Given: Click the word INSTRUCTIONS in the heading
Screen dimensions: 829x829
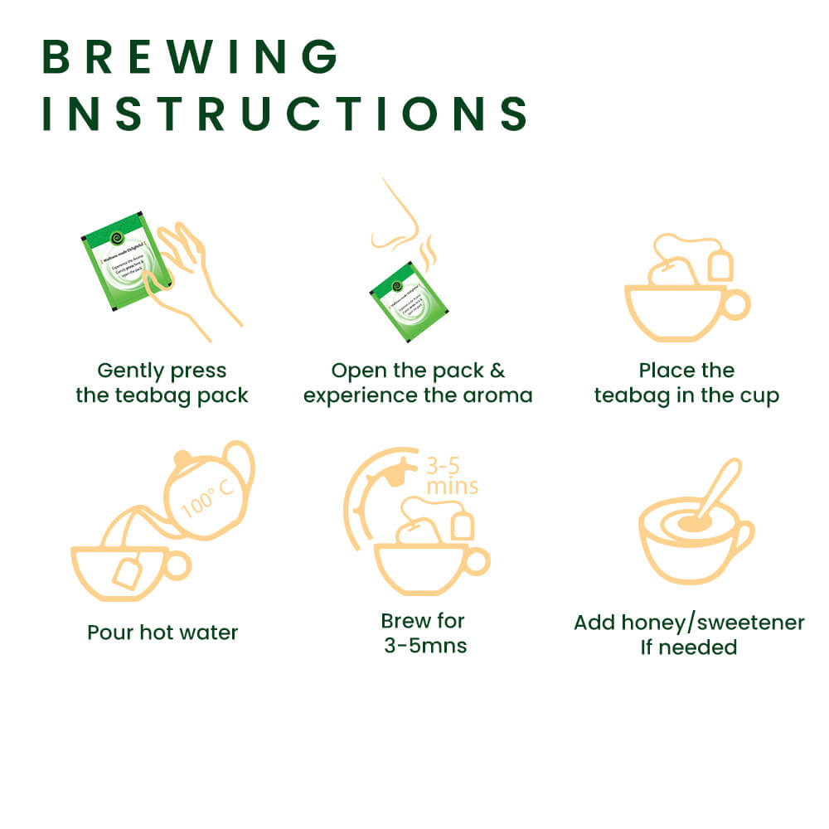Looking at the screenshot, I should coord(285,114).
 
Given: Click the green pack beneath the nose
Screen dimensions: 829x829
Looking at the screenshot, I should coord(409,301).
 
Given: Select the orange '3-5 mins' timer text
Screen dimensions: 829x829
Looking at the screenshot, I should coord(451,474).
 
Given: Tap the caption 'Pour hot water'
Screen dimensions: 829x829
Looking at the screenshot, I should coord(162,633).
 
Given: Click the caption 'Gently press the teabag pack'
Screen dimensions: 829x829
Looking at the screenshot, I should coord(162,383).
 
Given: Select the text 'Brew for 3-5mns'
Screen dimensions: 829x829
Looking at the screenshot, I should coord(424,633).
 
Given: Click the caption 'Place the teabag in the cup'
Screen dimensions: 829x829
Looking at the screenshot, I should coord(686,383).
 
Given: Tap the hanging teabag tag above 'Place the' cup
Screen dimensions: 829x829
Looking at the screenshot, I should coord(720,265).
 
